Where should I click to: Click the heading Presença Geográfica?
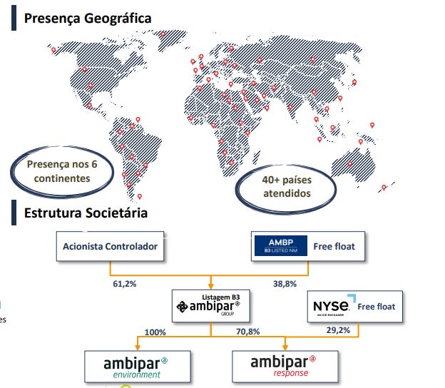(88, 18)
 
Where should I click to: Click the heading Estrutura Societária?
(86, 213)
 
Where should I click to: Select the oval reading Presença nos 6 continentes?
(58, 171)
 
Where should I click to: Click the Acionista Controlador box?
(110, 247)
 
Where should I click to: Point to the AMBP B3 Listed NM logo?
(280, 247)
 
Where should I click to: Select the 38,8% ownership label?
(285, 283)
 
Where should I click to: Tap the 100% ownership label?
(155, 332)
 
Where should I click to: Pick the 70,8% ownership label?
(247, 332)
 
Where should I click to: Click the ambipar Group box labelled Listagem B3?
(211, 306)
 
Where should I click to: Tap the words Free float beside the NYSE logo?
(376, 307)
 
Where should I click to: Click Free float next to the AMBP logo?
(334, 247)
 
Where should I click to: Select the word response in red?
(291, 374)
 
